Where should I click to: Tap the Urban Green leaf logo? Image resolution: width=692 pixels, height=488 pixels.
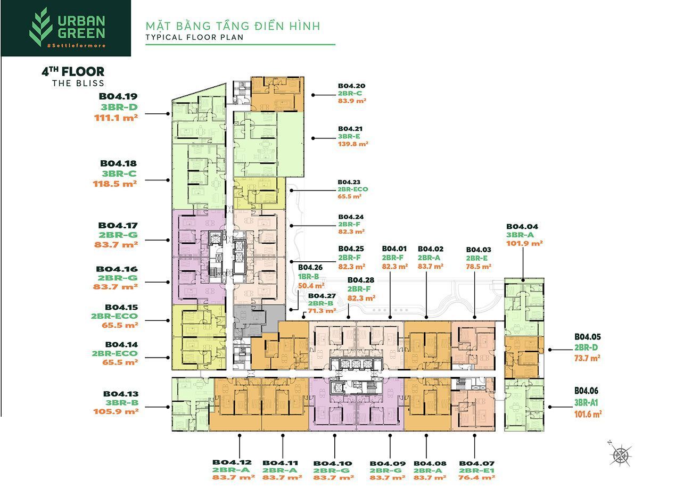40,27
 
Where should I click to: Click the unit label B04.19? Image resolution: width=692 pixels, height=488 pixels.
118,96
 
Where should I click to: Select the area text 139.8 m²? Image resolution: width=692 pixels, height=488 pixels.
353,144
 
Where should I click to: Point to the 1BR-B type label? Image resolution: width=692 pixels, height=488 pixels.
308,277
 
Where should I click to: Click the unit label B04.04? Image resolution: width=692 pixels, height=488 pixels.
522,227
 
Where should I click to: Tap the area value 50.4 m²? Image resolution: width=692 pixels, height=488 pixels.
311,286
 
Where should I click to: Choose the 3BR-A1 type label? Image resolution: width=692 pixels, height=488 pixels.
586,402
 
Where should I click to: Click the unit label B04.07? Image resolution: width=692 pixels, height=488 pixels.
476,464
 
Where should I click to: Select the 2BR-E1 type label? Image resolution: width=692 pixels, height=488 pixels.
476,470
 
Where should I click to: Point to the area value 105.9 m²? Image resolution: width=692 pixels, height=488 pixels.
116,411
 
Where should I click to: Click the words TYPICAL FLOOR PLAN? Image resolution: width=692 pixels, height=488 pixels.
195,37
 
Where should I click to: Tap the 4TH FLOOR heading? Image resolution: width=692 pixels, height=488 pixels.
73,72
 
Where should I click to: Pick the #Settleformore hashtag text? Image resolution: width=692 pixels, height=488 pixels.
76,45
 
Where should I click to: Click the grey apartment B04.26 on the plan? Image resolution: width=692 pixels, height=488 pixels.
258,320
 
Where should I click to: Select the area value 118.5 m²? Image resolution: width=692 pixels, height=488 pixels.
114,184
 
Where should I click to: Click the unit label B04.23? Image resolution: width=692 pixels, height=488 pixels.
349,182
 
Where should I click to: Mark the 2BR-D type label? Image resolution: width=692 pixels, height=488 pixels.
586,348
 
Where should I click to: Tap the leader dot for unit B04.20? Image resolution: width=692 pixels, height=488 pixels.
313,95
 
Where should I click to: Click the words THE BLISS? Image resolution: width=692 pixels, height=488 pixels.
78,84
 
